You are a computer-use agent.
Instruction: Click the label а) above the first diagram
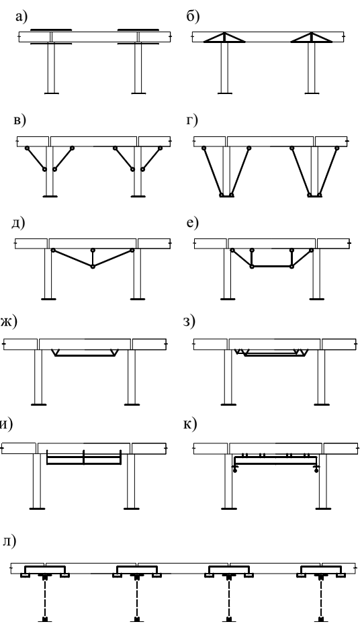point(21,17)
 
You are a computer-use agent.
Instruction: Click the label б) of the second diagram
point(193,16)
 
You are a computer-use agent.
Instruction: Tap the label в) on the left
point(19,120)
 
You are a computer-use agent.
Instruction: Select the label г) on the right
point(191,120)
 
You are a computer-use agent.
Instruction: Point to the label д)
point(18,223)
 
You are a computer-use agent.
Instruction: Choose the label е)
point(192,223)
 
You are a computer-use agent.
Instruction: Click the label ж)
point(8,321)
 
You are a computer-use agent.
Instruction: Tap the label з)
point(189,321)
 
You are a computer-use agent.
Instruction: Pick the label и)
point(6,424)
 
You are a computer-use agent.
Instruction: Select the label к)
point(190,424)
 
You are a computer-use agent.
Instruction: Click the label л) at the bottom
point(9,541)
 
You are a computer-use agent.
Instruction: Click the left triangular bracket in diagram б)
point(224,37)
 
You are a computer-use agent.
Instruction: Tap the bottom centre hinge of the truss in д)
point(93,266)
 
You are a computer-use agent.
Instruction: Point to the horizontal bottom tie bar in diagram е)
point(272,266)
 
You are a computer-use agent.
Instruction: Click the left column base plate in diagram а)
point(51,93)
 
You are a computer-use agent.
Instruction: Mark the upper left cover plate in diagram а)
point(51,30)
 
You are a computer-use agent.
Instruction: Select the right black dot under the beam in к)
point(316,471)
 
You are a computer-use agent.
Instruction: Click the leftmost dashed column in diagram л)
point(45,599)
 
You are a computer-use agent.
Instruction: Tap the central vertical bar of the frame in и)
point(84,457)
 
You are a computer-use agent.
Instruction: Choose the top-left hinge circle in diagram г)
point(204,148)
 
